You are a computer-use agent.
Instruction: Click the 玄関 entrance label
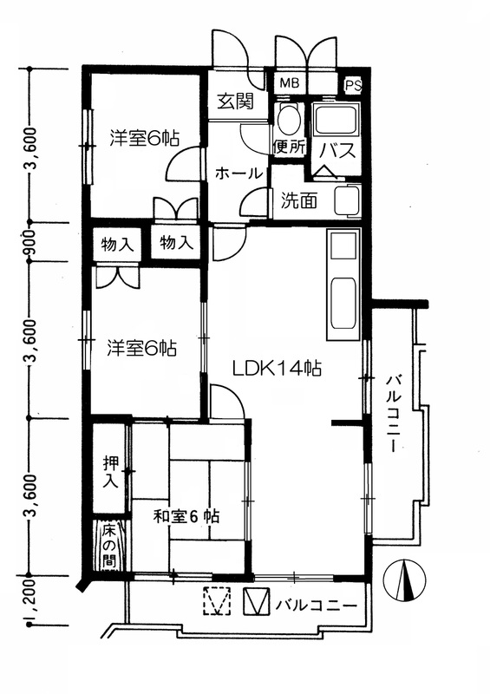pyautogui.click(x=235, y=101)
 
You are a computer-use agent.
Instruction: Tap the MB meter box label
pyautogui.click(x=290, y=82)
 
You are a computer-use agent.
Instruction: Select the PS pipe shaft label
pyautogui.click(x=353, y=85)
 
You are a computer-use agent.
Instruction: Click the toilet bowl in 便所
pyautogui.click(x=290, y=119)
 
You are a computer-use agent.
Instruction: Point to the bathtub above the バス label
pyautogui.click(x=336, y=119)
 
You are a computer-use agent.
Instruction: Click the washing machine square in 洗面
pyautogui.click(x=348, y=201)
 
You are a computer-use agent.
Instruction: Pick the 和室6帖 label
pyautogui.click(x=186, y=516)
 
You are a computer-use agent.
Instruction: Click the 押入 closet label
pyautogui.click(x=110, y=471)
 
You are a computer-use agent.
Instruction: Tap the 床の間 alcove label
pyautogui.click(x=108, y=547)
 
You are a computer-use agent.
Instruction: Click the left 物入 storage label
pyautogui.click(x=117, y=244)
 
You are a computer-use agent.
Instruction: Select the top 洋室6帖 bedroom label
pyautogui.click(x=145, y=138)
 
